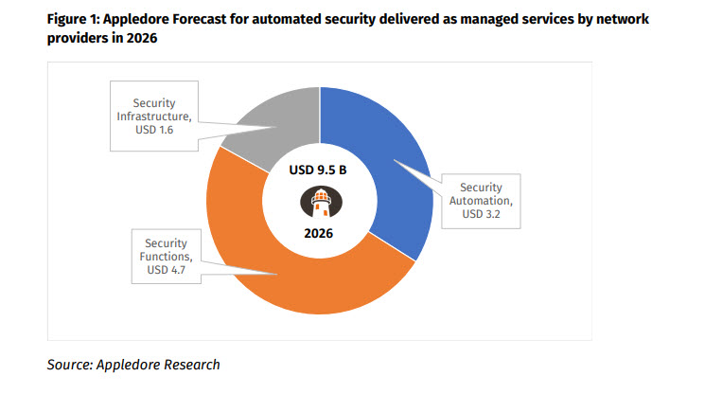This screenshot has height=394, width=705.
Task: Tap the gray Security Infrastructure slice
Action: point(274,118)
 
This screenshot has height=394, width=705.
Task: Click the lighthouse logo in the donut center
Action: point(320,201)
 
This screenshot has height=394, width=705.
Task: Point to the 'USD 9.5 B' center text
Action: point(320,172)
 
